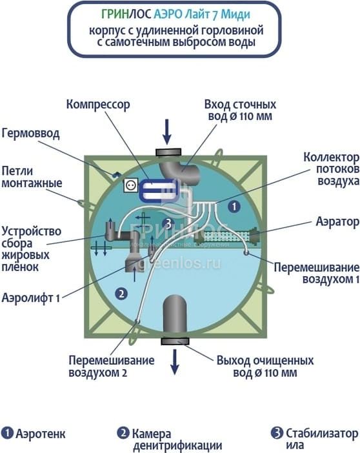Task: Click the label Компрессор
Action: click(x=98, y=105)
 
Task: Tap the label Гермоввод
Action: click(x=30, y=134)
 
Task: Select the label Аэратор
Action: click(x=337, y=222)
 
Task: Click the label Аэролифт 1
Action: click(x=30, y=297)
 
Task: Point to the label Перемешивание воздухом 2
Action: click(x=112, y=367)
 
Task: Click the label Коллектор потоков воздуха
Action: click(x=332, y=169)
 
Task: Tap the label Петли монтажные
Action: click(x=32, y=177)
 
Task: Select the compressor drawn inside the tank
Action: click(x=159, y=190)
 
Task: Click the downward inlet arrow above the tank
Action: click(x=166, y=132)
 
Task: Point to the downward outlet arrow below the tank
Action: click(x=174, y=362)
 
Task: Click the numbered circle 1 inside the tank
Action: click(x=234, y=206)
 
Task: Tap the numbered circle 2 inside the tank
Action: click(x=121, y=294)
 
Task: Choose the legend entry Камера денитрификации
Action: click(x=170, y=439)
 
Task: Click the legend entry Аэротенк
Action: click(x=34, y=434)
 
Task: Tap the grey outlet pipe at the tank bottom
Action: click(x=174, y=314)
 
